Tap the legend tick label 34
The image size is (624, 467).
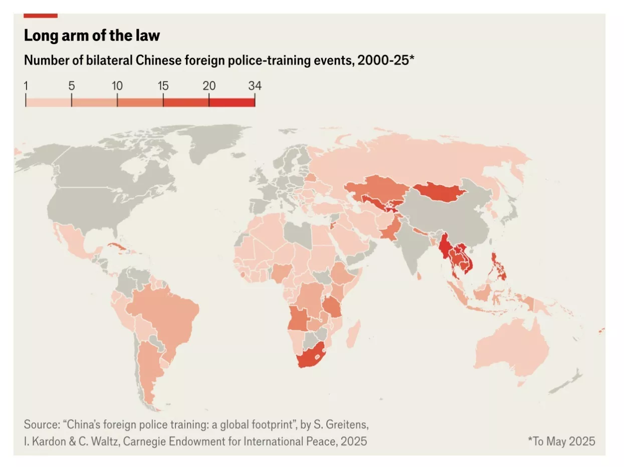coord(255,85)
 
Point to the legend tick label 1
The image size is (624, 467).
coord(26,85)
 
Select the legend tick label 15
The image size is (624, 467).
coord(163,85)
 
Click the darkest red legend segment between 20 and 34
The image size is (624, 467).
coord(232,102)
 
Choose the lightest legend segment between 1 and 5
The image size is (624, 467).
coord(49,102)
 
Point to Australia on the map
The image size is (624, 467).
coord(506,346)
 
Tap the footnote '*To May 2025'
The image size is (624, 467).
coord(561,441)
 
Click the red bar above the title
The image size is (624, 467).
coord(41,16)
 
